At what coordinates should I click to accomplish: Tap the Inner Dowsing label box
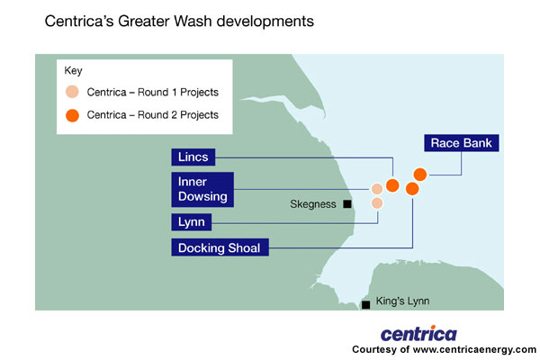coord(203,189)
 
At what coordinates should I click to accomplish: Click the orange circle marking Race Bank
coord(419,174)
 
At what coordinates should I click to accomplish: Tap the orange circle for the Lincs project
coord(392,185)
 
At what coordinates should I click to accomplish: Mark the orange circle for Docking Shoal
coord(411,188)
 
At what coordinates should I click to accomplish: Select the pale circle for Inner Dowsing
coord(377,189)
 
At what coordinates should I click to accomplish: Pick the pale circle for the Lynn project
coord(377,203)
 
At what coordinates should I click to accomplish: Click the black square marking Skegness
coord(346,204)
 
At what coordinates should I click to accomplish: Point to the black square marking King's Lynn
coord(365,305)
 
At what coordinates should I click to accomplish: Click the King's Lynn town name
coord(400,301)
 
